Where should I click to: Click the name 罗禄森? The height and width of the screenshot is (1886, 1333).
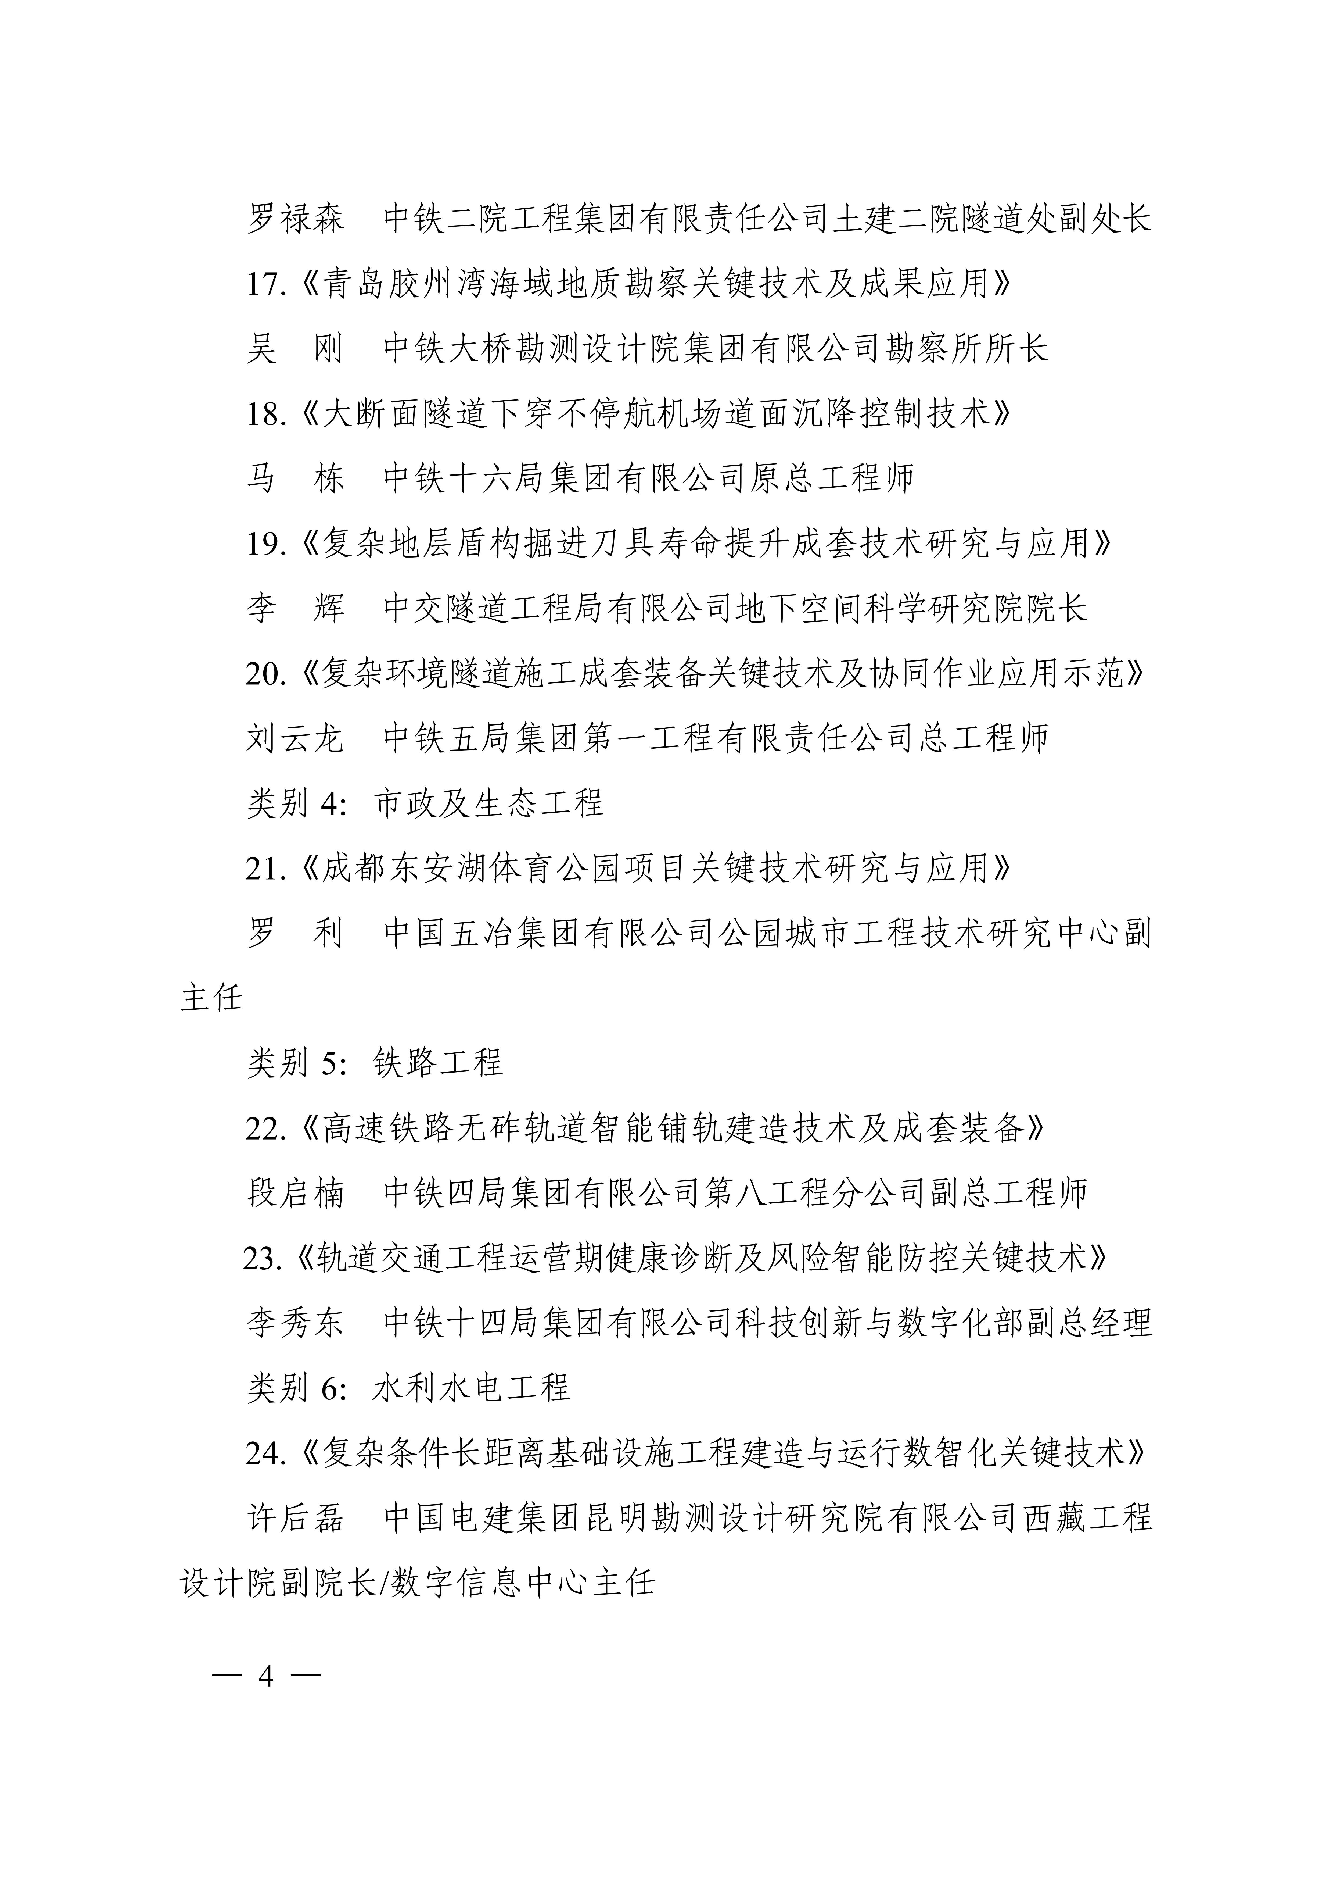295,219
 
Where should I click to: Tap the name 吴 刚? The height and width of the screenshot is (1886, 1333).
295,349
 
